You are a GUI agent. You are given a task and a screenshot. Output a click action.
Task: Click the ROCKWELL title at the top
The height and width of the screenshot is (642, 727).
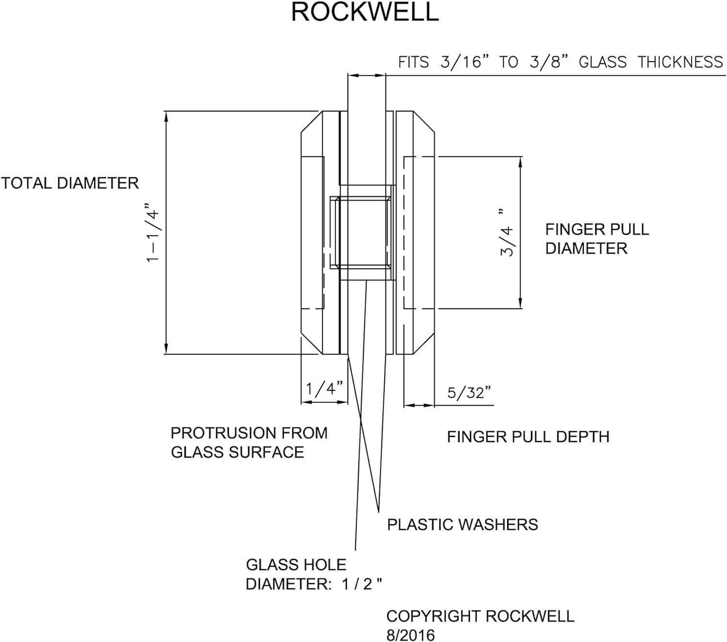364,12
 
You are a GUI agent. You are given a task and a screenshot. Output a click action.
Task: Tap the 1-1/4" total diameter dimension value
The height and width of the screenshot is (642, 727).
154,235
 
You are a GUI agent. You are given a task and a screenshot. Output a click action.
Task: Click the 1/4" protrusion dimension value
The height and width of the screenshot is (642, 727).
324,388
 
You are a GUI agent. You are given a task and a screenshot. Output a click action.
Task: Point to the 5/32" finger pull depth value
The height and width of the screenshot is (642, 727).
469,393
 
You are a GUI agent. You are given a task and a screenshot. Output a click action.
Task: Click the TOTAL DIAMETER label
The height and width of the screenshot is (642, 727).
70,183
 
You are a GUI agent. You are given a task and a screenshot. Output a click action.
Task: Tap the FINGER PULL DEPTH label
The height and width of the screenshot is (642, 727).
528,437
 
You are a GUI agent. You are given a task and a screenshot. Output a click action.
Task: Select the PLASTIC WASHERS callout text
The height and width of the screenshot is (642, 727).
462,524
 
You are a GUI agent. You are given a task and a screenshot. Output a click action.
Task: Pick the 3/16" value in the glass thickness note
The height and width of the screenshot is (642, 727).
461,62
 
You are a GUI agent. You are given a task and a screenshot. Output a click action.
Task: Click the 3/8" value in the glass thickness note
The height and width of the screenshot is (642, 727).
549,62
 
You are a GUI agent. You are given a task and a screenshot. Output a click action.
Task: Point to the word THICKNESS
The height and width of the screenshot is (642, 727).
680,62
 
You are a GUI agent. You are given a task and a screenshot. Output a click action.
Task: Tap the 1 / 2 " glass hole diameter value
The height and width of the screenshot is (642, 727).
362,584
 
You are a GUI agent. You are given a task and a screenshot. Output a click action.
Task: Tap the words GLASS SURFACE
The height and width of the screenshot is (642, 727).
237,452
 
